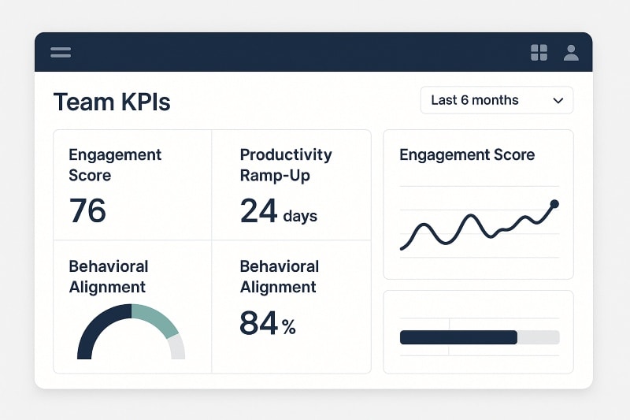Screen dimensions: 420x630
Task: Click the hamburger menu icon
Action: click(x=61, y=53)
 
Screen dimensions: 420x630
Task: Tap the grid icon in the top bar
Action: click(x=539, y=53)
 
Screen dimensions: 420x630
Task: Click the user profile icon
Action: click(x=571, y=53)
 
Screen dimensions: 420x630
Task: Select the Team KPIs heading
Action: click(x=111, y=102)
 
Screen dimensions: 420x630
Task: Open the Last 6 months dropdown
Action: click(x=496, y=100)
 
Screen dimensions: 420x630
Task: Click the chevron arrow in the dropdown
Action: click(x=558, y=101)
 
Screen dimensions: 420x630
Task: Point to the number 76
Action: click(x=87, y=211)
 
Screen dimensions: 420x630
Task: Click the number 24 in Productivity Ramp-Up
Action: click(x=258, y=211)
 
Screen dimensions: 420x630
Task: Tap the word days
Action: click(x=300, y=215)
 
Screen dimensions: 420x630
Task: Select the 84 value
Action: click(x=258, y=323)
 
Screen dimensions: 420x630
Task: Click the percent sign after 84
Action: click(x=289, y=326)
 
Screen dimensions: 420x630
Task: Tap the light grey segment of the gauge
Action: click(x=176, y=347)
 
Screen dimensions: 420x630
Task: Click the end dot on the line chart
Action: click(x=554, y=204)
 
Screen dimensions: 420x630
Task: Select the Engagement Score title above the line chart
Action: click(x=467, y=154)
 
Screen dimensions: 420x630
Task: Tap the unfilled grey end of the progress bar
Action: click(x=539, y=337)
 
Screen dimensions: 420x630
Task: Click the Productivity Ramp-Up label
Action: click(x=286, y=165)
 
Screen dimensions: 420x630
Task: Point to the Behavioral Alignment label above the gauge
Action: click(x=108, y=277)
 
